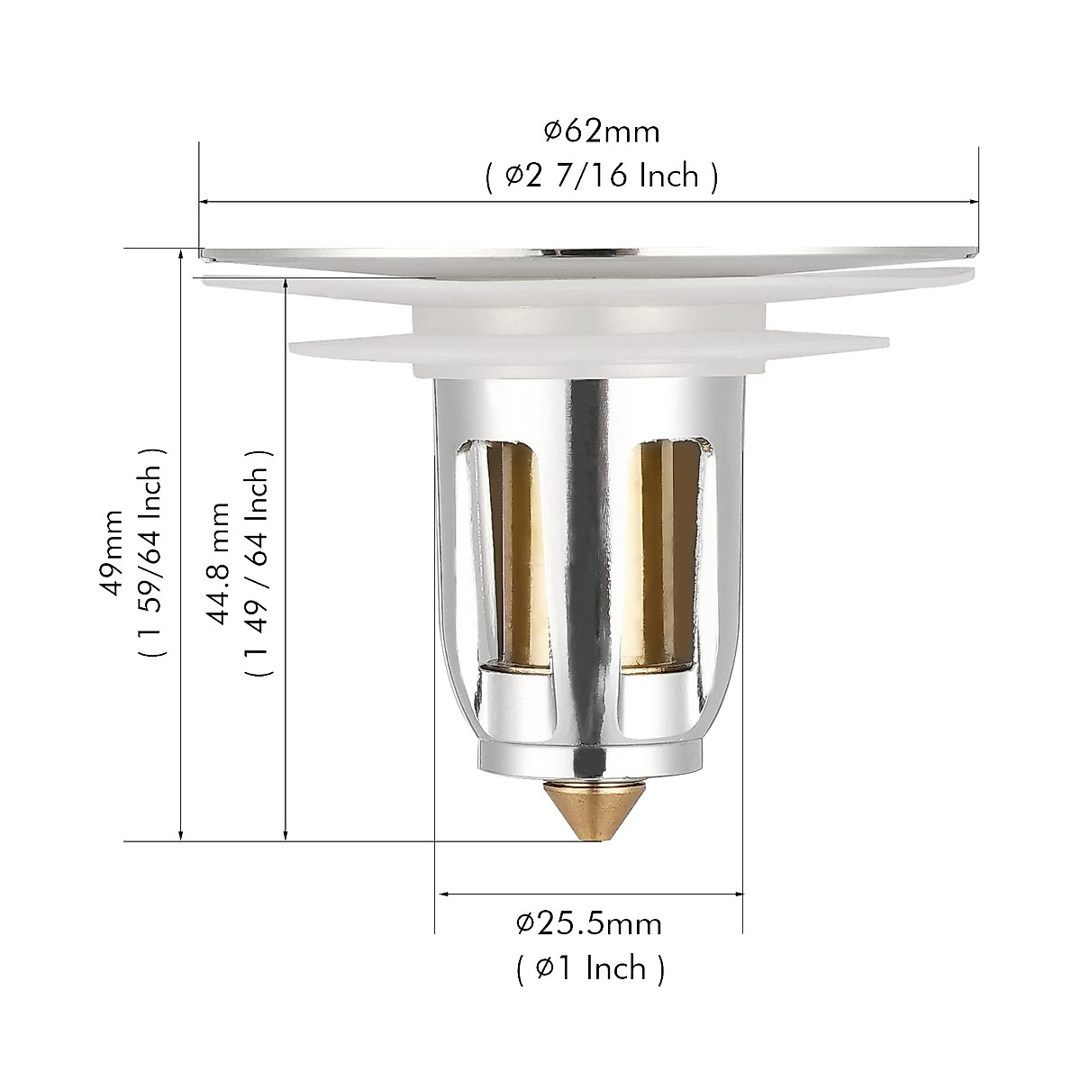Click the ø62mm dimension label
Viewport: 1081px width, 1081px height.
[x=601, y=132]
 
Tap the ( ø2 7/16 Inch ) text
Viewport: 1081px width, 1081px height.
[x=601, y=176]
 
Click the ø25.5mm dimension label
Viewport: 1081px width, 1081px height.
[x=589, y=923]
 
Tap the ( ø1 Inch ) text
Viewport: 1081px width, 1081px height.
[x=590, y=968]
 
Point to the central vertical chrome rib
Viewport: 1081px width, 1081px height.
[x=588, y=540]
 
